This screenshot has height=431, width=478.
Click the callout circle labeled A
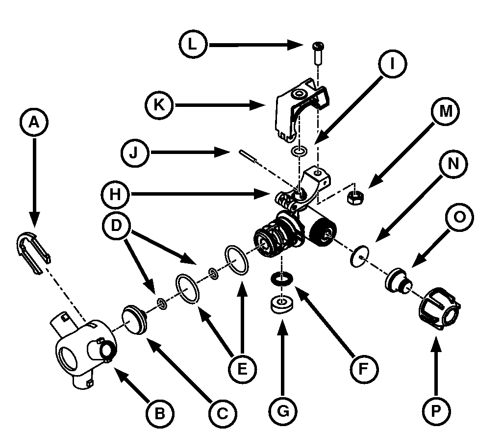click(x=33, y=122)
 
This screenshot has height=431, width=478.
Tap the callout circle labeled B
click(x=159, y=413)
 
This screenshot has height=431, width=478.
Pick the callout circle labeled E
click(x=242, y=367)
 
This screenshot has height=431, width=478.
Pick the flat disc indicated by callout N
click(x=360, y=256)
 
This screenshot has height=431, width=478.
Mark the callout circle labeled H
click(x=117, y=195)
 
